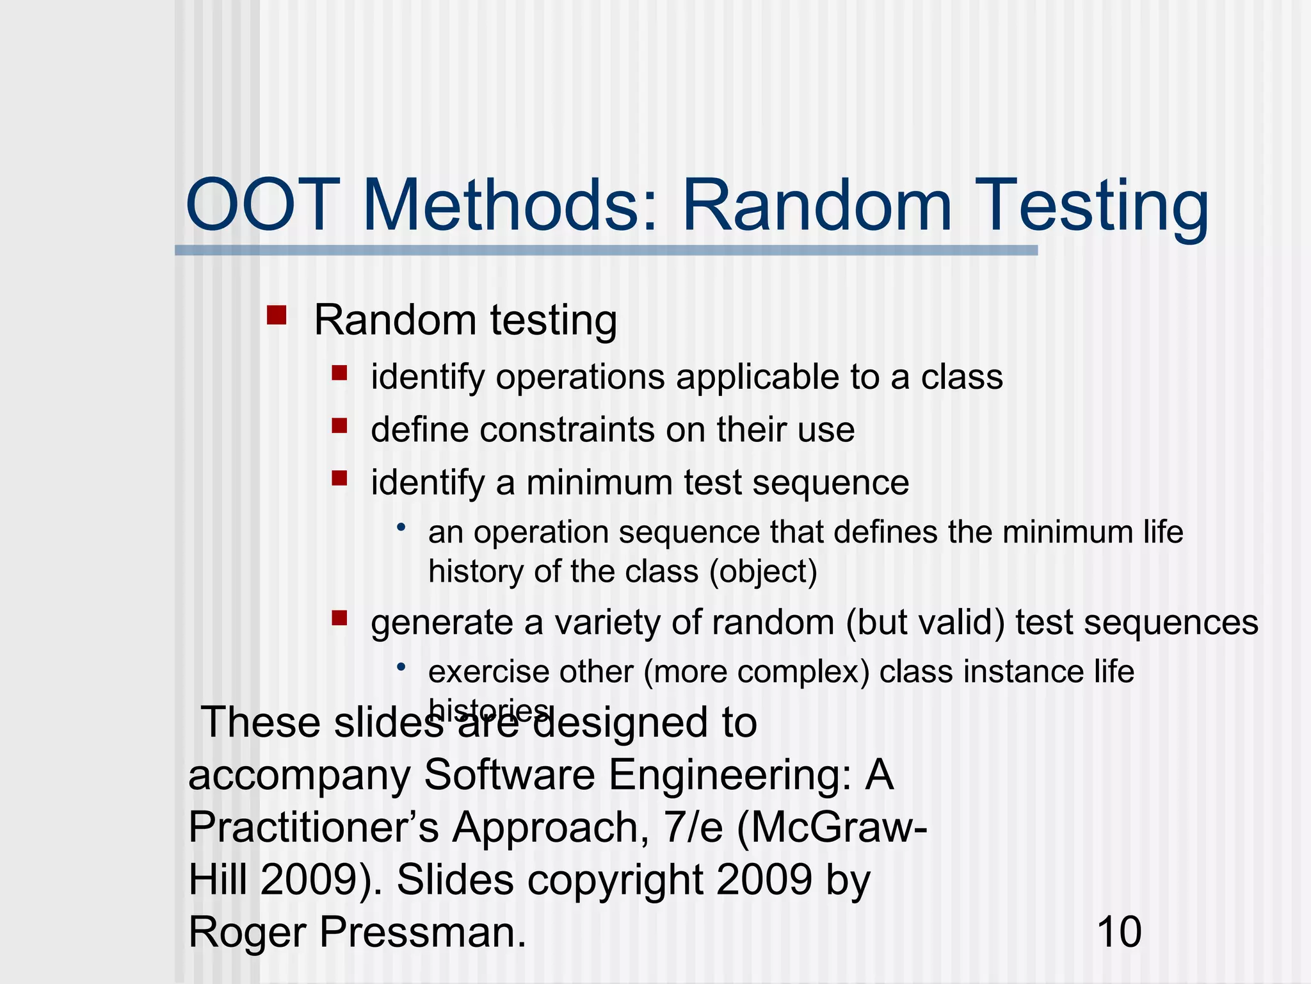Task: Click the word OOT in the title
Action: point(262,206)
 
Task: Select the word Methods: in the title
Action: point(510,206)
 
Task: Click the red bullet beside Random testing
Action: point(277,315)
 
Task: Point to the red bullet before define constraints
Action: point(339,425)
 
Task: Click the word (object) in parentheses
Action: point(763,571)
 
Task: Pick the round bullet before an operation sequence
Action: point(401,527)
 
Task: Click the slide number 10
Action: point(1119,931)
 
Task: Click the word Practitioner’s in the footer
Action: point(314,827)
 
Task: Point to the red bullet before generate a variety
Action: point(339,618)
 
